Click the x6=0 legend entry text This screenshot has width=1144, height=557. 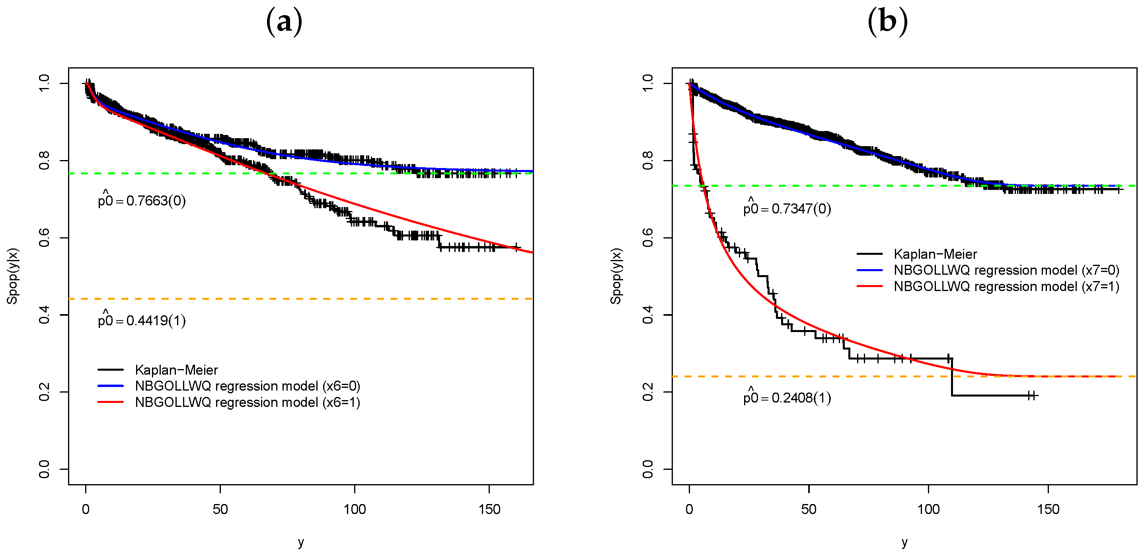coord(248,386)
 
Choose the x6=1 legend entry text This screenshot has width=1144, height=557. coord(248,403)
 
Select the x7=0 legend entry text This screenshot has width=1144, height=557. coord(1006,270)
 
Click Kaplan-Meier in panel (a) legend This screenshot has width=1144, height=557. coord(176,370)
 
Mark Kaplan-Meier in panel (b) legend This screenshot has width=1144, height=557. coord(935,254)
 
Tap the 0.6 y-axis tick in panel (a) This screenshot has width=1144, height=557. coord(45,238)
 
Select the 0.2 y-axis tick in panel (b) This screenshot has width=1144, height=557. coord(648,392)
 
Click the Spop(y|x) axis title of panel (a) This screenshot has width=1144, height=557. coord(12,276)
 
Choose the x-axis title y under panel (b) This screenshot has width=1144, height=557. coord(904,542)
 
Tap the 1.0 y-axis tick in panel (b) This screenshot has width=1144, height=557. coord(648,83)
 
